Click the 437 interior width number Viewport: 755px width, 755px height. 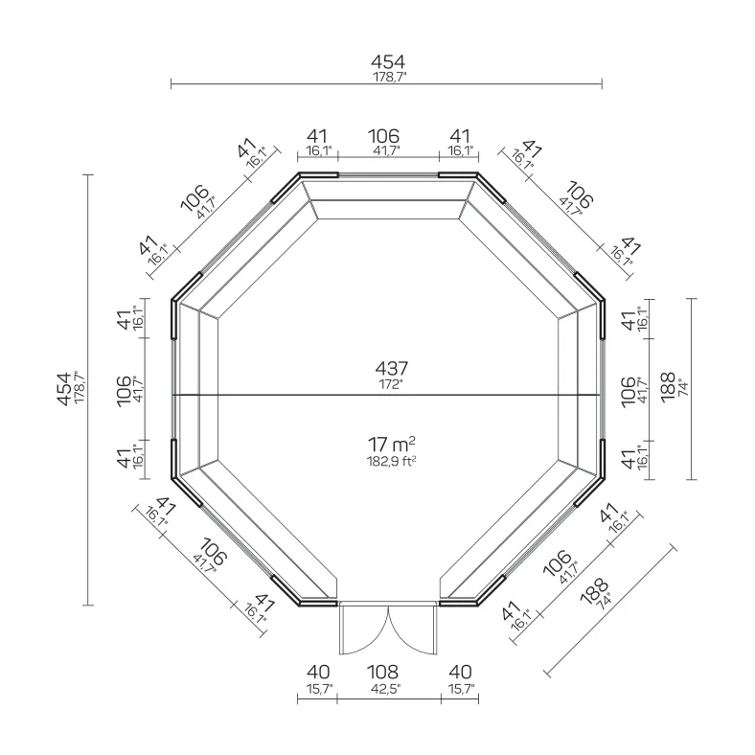pyautogui.click(x=392, y=368)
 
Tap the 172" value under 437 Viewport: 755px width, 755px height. pyautogui.click(x=391, y=384)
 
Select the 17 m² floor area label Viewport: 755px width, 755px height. pyautogui.click(x=392, y=445)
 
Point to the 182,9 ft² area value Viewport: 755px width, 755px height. pyautogui.click(x=392, y=461)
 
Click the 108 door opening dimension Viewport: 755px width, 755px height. pyautogui.click(x=383, y=672)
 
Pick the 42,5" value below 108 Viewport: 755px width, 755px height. pyautogui.click(x=386, y=689)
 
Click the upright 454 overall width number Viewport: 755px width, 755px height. pyautogui.click(x=388, y=61)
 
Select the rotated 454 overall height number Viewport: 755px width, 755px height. pyautogui.click(x=64, y=389)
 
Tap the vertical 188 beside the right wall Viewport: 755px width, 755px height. pyautogui.click(x=668, y=388)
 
